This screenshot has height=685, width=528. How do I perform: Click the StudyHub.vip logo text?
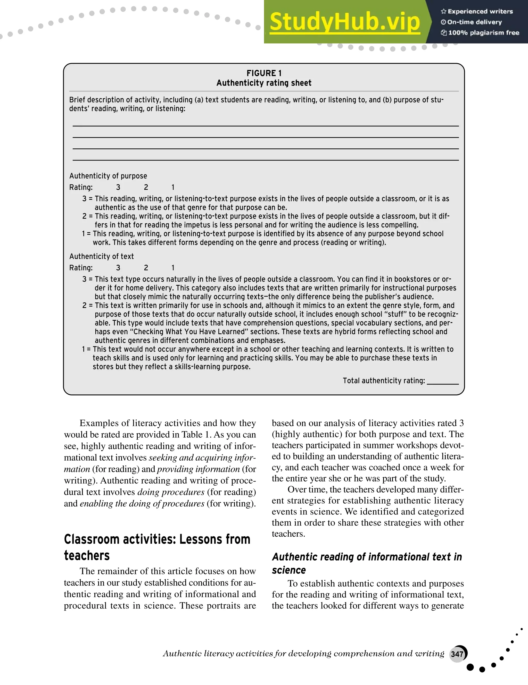[x=344, y=22]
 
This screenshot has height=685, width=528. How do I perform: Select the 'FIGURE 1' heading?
[x=264, y=73]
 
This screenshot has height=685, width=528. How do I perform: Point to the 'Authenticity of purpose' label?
[x=108, y=176]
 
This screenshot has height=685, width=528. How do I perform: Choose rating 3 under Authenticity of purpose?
[x=118, y=188]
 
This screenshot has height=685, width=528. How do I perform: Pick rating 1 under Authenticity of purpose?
[x=173, y=188]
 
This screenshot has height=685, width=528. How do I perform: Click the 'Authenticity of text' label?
[x=101, y=257]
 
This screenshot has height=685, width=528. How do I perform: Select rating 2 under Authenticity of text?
[x=146, y=268]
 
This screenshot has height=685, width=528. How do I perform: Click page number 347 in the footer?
[x=457, y=654]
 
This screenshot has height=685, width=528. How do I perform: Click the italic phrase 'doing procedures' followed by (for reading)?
[x=171, y=492]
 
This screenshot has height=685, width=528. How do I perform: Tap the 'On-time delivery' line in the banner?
[x=474, y=22]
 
